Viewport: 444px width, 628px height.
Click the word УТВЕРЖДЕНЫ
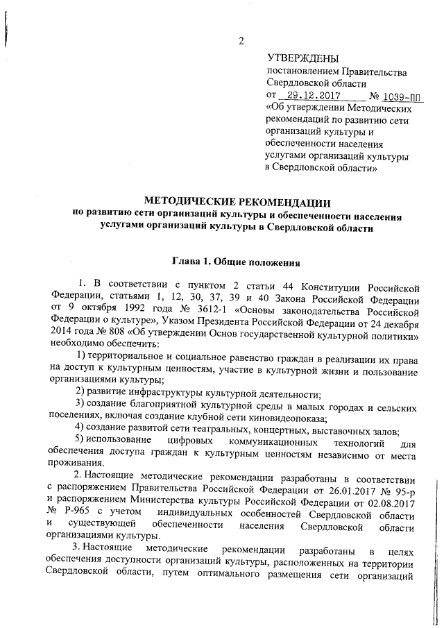(x=300, y=58)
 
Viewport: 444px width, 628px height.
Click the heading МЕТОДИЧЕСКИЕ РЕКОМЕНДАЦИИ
(x=235, y=202)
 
